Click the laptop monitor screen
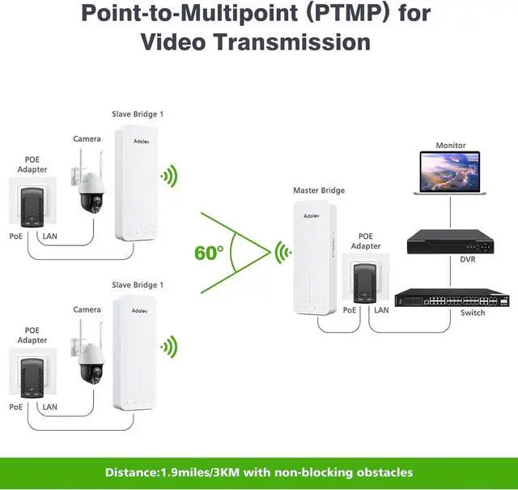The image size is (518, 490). (450, 172)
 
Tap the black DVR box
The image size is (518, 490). (450, 241)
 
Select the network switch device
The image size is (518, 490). (452, 298)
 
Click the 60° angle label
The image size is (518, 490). (209, 254)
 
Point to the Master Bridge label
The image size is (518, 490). (319, 190)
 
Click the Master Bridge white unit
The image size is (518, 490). (315, 258)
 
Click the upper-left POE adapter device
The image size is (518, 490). (32, 207)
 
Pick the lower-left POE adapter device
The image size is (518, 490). (32, 378)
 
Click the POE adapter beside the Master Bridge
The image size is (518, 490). (365, 283)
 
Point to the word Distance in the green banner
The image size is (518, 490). (130, 472)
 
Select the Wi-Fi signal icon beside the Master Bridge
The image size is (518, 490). (282, 252)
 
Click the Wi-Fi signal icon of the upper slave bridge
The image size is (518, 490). (169, 176)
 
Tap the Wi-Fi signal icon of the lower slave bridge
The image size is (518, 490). (169, 347)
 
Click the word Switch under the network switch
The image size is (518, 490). (473, 313)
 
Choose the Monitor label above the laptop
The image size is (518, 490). (451, 146)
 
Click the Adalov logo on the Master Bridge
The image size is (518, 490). (312, 216)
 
